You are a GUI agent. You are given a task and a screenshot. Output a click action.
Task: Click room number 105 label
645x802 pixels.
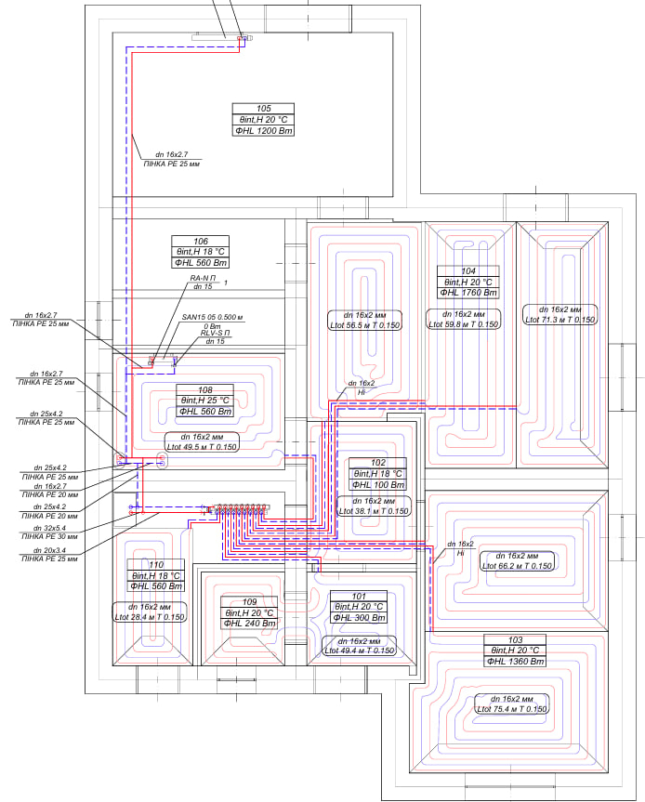(263, 109)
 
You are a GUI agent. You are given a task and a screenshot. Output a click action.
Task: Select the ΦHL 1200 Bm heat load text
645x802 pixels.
(263, 131)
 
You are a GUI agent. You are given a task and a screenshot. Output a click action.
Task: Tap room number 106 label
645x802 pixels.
(201, 241)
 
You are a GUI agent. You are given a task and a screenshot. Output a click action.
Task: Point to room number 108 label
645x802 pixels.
(204, 390)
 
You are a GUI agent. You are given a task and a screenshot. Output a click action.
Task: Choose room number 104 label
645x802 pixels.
(468, 270)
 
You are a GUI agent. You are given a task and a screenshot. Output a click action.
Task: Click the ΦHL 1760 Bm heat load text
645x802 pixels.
(468, 293)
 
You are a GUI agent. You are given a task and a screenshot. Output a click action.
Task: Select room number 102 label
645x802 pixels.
(377, 463)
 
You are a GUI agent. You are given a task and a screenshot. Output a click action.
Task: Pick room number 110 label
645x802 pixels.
(156, 565)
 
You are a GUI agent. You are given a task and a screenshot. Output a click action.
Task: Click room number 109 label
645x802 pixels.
(250, 602)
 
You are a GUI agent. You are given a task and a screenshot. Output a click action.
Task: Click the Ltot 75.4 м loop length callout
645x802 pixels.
(511, 709)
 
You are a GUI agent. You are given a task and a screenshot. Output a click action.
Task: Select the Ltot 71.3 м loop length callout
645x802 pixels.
(559, 320)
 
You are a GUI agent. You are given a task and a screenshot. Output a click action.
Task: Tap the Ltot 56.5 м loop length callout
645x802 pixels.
(364, 325)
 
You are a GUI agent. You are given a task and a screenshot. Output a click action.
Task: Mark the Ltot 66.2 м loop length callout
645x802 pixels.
(516, 565)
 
